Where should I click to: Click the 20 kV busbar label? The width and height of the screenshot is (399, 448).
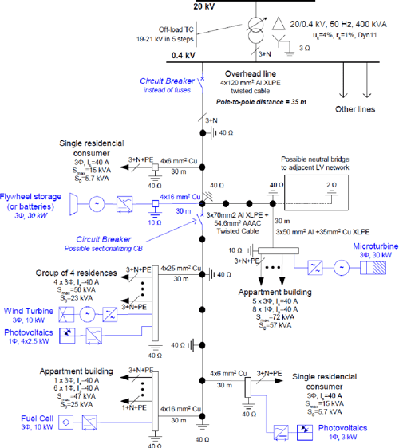(x=203, y=5)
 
